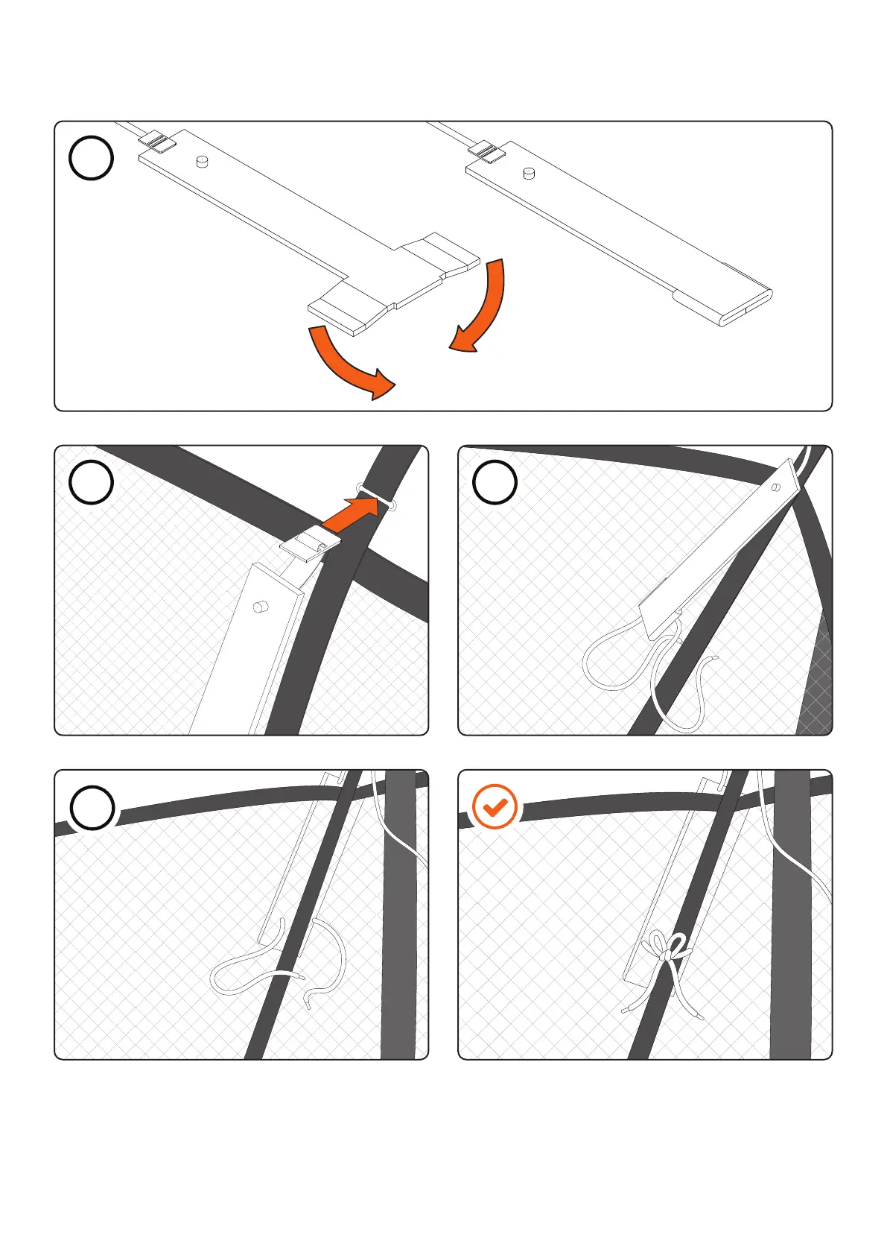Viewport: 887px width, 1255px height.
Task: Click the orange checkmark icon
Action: point(495,806)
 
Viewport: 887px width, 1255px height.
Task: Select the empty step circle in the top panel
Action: point(91,158)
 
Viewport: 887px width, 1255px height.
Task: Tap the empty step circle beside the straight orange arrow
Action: point(91,482)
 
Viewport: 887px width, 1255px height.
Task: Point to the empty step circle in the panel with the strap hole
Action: point(495,482)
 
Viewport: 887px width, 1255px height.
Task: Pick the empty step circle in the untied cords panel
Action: point(92,808)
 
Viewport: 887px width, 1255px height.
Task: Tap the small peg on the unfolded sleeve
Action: point(201,161)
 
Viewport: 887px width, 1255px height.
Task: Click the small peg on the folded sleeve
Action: point(530,174)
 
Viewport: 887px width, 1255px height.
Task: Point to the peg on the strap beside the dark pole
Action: point(260,607)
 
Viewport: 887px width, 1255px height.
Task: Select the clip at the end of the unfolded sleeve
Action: point(156,142)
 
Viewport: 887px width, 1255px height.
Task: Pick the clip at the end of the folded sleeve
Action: point(487,151)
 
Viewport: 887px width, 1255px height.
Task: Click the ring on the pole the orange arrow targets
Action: point(376,498)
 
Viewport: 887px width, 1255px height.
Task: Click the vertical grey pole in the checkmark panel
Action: point(789,932)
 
